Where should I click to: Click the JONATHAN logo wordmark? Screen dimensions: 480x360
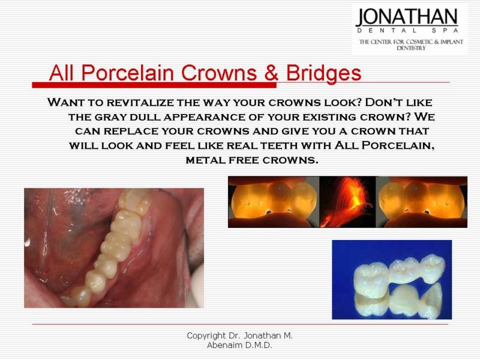[x=407, y=17]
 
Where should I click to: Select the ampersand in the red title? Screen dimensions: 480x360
[x=271, y=73]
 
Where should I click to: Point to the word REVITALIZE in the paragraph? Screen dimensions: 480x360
[x=140, y=103]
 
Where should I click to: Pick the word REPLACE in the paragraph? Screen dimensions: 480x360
[x=131, y=131]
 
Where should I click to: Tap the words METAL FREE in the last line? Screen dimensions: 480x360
[x=223, y=160]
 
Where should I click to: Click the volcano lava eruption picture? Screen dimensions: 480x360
[x=347, y=202]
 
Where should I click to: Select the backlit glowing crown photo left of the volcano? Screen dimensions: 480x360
[x=274, y=202]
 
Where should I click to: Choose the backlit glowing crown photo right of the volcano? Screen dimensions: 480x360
[x=422, y=202]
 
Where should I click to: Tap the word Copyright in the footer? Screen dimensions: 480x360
[x=206, y=336]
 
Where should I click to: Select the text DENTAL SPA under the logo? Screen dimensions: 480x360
[x=407, y=31]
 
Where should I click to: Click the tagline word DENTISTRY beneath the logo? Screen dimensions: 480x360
[x=411, y=48]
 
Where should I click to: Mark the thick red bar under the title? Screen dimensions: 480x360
[x=154, y=85]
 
